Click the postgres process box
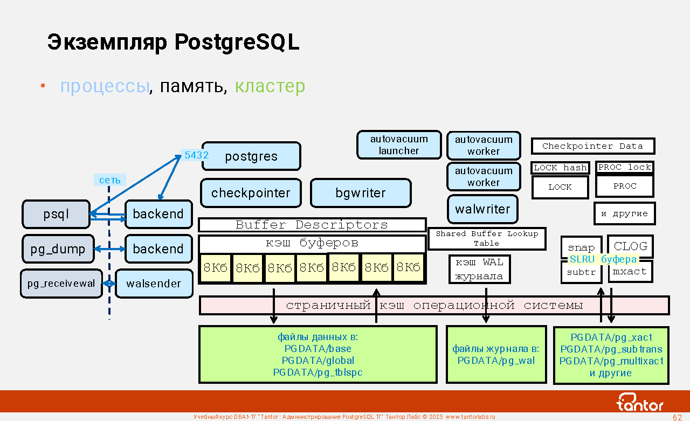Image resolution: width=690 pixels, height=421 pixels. (x=251, y=156)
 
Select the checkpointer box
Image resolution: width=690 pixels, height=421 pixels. (x=251, y=193)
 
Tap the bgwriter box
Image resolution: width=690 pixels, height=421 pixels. (x=361, y=193)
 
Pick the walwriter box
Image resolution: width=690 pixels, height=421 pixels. (x=482, y=209)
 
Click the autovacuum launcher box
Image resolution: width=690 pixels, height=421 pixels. (x=399, y=145)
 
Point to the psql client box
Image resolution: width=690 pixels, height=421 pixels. (x=56, y=214)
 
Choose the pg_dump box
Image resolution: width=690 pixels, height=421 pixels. (x=58, y=249)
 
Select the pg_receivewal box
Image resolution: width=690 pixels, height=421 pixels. (x=61, y=284)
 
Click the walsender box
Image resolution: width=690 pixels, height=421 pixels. (x=154, y=284)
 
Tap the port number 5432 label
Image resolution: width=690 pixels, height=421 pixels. (x=196, y=155)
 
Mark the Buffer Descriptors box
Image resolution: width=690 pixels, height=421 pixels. (x=312, y=225)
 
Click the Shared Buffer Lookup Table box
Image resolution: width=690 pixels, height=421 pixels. (x=487, y=238)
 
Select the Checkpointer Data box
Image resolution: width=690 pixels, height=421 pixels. (x=592, y=146)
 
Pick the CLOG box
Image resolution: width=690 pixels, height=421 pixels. (x=630, y=246)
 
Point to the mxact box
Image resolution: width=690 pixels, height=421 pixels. (x=630, y=272)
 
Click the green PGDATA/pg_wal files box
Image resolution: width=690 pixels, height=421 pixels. (x=496, y=355)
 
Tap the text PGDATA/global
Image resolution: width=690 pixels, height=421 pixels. (x=318, y=361)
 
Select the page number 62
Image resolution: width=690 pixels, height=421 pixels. (x=678, y=417)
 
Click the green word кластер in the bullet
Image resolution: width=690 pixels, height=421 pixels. (x=270, y=86)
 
